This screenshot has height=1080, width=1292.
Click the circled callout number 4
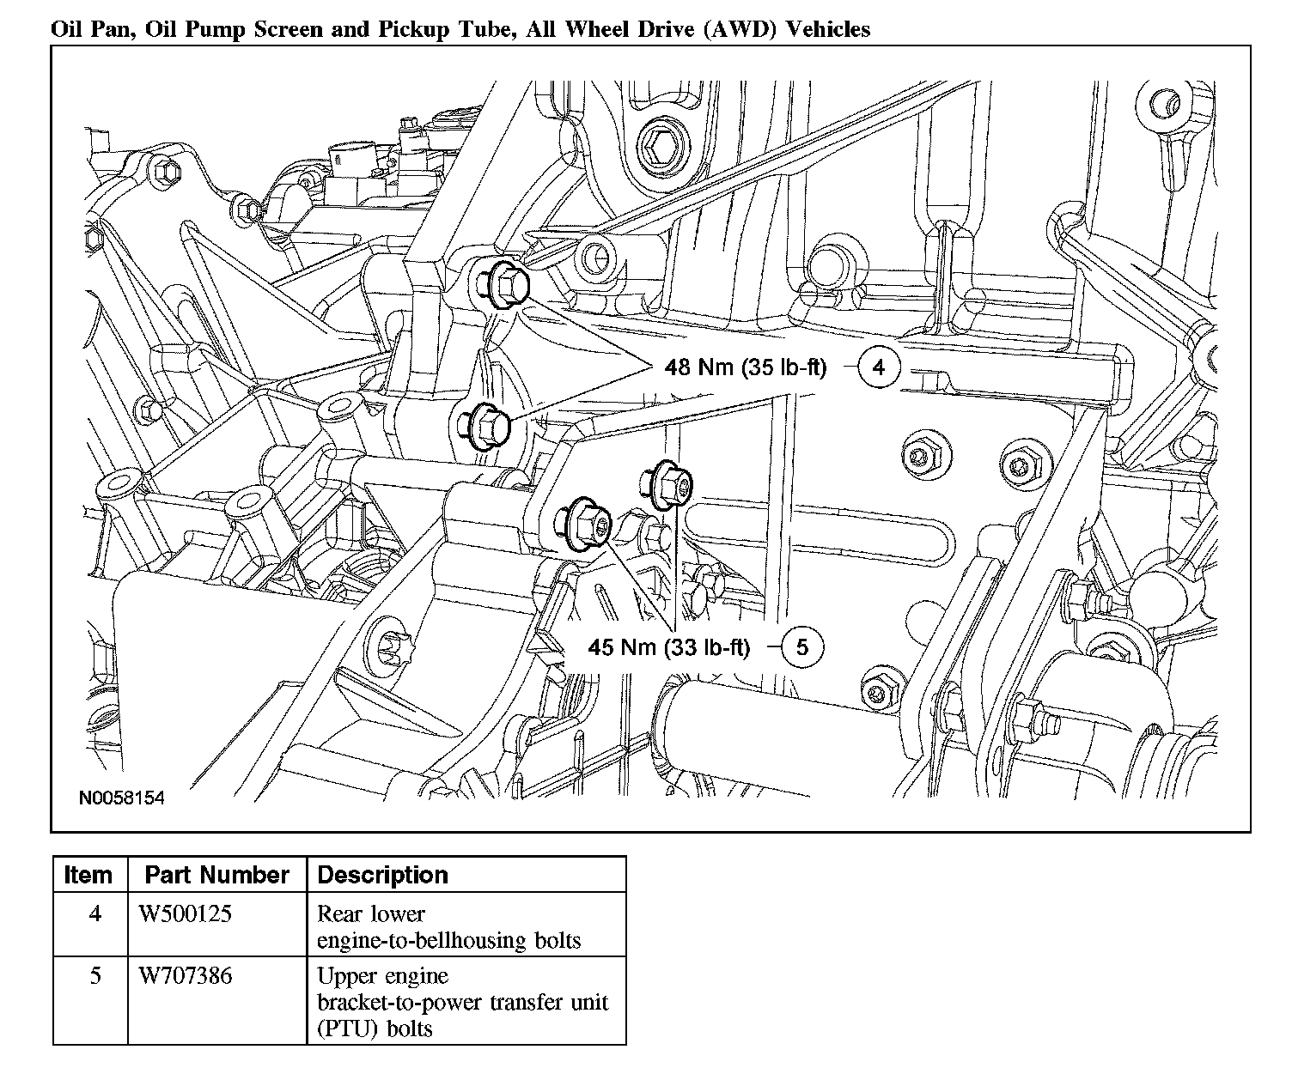pyautogui.click(x=878, y=367)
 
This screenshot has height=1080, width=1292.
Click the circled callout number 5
pyautogui.click(x=801, y=646)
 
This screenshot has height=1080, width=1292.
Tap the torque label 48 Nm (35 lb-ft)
pyautogui.click(x=745, y=367)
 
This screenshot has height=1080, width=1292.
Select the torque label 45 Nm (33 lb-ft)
pyautogui.click(x=668, y=647)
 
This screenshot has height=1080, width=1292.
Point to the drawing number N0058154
pyautogui.click(x=121, y=798)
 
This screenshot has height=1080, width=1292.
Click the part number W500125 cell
pyautogui.click(x=186, y=914)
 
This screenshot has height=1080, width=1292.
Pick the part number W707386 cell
pyautogui.click(x=186, y=976)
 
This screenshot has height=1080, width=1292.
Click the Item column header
pyautogui.click(x=88, y=875)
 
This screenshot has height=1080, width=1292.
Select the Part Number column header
pyautogui.click(x=216, y=875)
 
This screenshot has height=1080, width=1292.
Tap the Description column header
pyautogui.click(x=382, y=875)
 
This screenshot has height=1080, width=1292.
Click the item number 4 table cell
pyautogui.click(x=94, y=914)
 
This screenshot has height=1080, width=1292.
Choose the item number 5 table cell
pyautogui.click(x=94, y=976)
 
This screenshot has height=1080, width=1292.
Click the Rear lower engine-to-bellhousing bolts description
pyautogui.click(x=448, y=927)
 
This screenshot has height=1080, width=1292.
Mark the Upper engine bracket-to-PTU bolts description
pyautogui.click(x=462, y=1002)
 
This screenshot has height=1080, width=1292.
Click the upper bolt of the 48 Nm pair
pyautogui.click(x=500, y=282)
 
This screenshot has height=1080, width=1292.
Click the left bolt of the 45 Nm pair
pyautogui.click(x=584, y=522)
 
